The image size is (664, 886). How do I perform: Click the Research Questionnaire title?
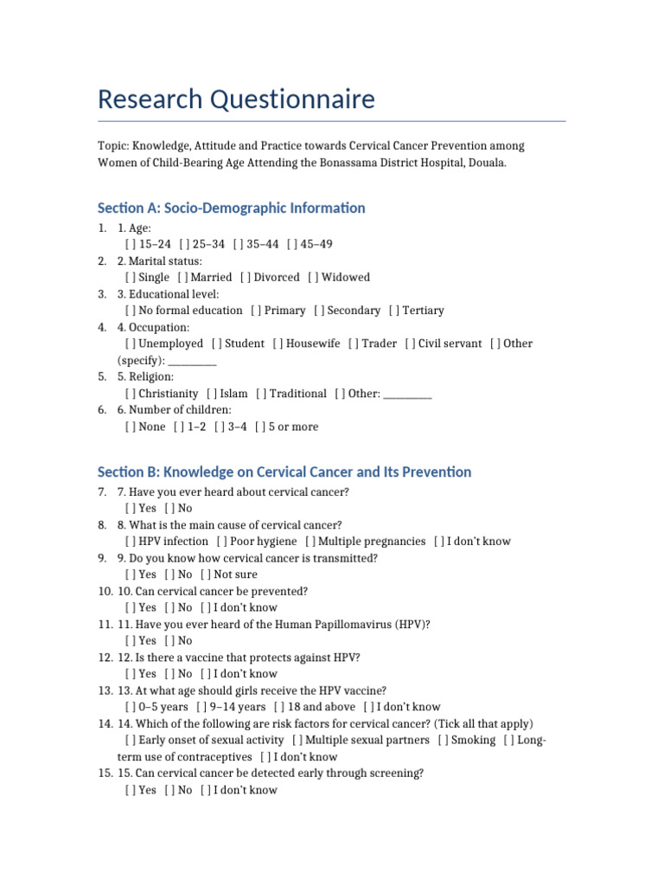(x=236, y=100)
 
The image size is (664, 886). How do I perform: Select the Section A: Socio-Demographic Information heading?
(x=231, y=208)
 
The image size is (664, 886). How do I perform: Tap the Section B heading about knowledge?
(x=284, y=472)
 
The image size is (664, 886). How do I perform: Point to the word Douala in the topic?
(x=487, y=163)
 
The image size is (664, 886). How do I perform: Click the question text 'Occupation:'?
(x=159, y=327)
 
